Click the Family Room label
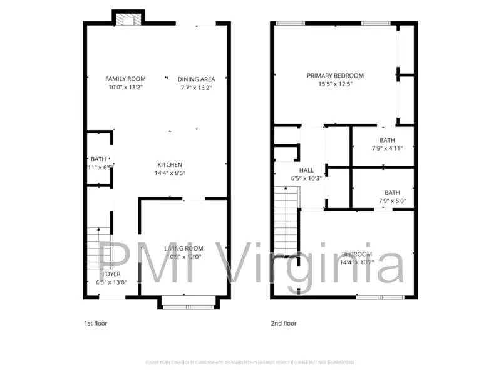click(125, 79)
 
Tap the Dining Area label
click(196, 79)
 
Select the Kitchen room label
click(170, 164)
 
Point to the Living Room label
click(183, 248)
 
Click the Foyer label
click(111, 274)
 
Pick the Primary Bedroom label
click(335, 76)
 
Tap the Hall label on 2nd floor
click(306, 170)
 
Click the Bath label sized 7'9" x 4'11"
click(387, 140)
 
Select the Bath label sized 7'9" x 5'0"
click(392, 192)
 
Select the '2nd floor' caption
click(283, 323)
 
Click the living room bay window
click(189, 303)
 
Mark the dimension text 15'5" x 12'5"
click(335, 84)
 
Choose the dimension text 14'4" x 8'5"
click(170, 172)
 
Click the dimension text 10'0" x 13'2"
click(125, 87)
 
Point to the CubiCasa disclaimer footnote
click(250, 362)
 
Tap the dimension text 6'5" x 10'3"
click(306, 178)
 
